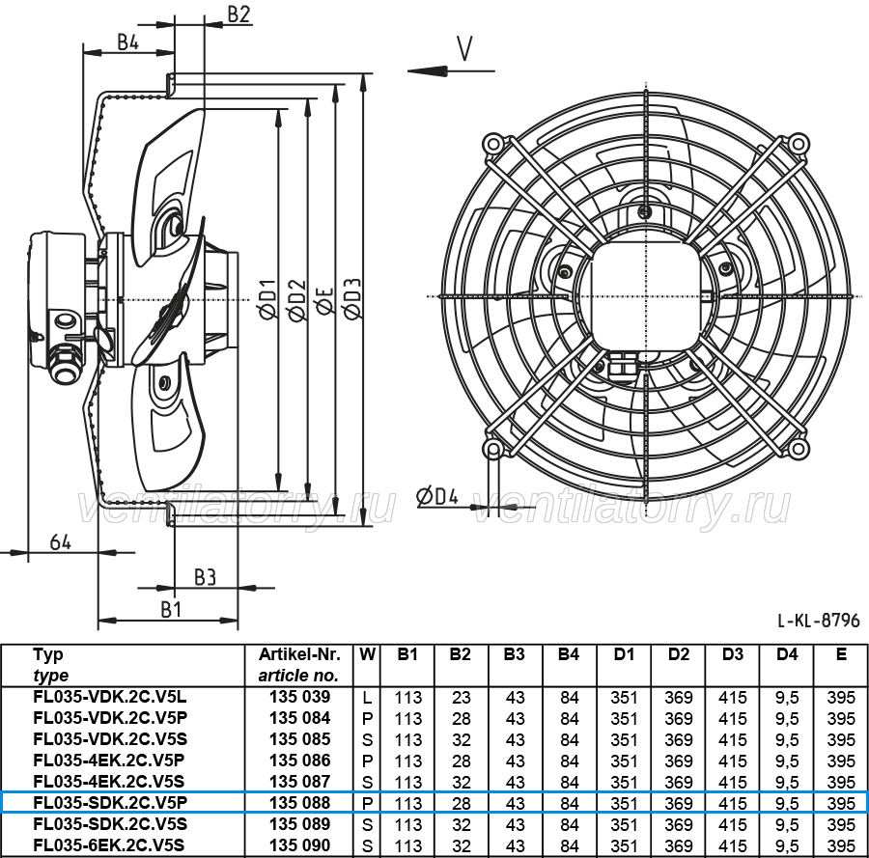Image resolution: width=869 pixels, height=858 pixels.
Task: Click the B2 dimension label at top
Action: tap(238, 14)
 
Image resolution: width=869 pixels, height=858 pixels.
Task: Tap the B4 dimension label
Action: tap(128, 42)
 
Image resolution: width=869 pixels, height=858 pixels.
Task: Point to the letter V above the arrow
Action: tap(465, 48)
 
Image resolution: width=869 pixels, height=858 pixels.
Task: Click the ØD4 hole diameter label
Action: tap(437, 496)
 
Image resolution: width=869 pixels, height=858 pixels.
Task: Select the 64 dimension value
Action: tap(61, 541)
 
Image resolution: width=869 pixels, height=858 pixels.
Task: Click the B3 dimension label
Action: tap(205, 577)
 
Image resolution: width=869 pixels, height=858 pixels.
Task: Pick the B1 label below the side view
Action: tap(171, 609)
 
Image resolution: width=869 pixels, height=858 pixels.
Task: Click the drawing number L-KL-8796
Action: tap(819, 620)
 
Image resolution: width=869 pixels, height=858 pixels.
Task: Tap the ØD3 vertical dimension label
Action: tap(352, 298)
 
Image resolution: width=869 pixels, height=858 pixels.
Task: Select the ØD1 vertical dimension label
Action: tap(268, 298)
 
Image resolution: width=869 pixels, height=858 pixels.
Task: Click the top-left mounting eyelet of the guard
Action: tap(493, 144)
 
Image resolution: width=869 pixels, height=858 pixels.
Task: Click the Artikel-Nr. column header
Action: tap(299, 654)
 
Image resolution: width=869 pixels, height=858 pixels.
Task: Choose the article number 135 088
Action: tap(300, 803)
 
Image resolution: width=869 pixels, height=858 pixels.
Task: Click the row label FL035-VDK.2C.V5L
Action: tap(110, 697)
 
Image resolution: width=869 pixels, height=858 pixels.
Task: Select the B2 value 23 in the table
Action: tap(462, 698)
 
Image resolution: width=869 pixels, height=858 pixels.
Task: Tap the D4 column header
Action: tap(786, 654)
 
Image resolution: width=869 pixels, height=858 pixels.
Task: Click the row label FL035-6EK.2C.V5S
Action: tap(108, 845)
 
